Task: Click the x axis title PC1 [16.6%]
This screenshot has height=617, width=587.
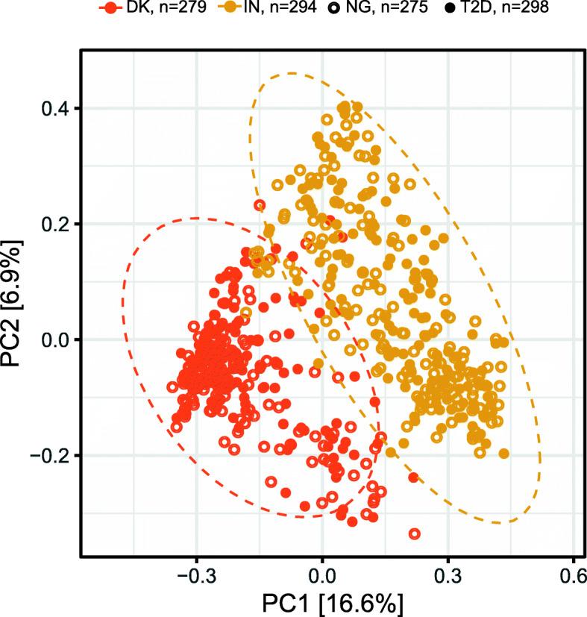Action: [322, 602]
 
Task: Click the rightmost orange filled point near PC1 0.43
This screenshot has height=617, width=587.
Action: [503, 453]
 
